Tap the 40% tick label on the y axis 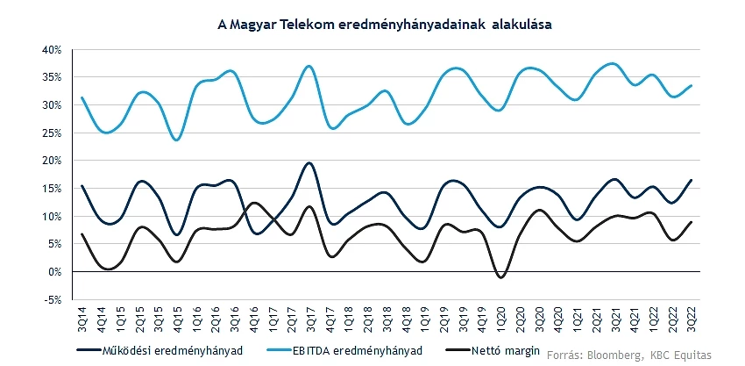51,49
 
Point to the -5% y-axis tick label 51,299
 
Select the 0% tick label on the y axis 54,272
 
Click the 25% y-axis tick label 51,133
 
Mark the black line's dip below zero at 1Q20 501,277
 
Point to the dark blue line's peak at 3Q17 309,163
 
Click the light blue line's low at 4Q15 177,140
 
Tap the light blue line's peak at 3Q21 613,64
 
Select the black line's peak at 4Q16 253,203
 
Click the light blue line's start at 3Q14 82,97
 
